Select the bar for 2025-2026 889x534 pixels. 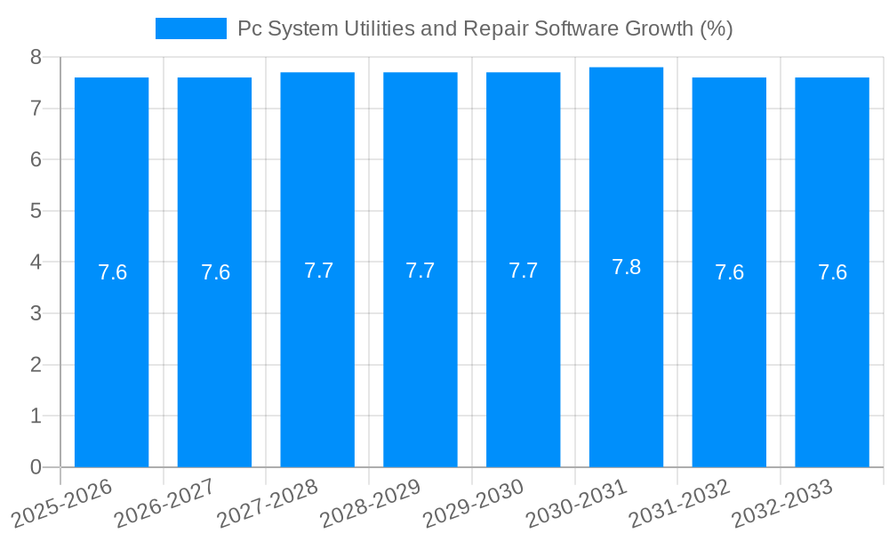point(111,356)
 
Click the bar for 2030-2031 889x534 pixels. point(626,356)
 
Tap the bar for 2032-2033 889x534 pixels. point(832,356)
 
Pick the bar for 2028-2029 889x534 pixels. point(420,356)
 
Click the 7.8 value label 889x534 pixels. point(626,267)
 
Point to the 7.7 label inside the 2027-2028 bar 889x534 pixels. point(318,271)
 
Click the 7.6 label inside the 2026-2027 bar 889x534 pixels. point(215,272)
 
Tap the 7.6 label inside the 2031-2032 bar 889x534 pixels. point(729,272)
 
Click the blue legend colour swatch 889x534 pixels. point(190,28)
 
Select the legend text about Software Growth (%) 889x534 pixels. point(485,28)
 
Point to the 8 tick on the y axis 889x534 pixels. point(36,57)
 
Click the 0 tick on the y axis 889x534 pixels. point(36,467)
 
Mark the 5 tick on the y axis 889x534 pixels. point(36,211)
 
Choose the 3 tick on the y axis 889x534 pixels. point(36,313)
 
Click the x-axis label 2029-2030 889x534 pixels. point(473,503)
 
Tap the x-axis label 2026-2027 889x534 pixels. point(164,503)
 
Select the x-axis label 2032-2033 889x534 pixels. point(781,503)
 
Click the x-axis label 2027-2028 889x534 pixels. point(268,503)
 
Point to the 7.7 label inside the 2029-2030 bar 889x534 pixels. point(523,271)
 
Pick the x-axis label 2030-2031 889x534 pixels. point(576,503)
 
